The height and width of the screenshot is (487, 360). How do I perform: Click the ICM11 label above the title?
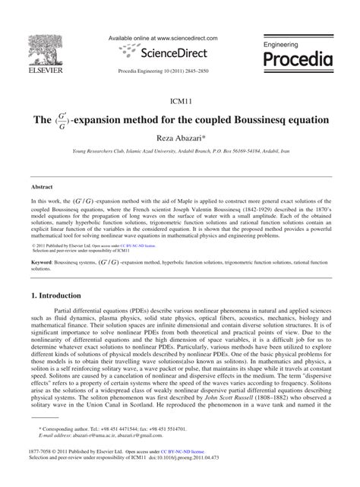[180, 99]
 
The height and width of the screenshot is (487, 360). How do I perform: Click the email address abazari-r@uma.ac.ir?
[84, 456]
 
